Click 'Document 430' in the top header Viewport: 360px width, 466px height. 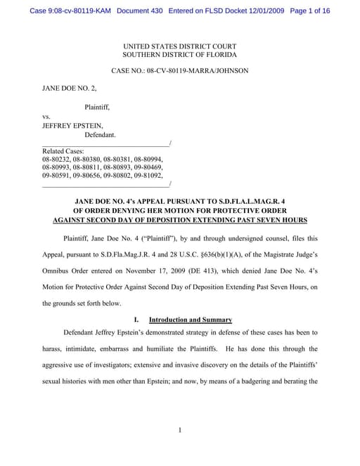click(136, 12)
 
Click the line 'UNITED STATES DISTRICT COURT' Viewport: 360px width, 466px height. click(179, 45)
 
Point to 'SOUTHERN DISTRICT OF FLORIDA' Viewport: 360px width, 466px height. click(179, 54)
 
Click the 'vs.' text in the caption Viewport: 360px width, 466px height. click(47, 116)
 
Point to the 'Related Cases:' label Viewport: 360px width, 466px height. click(63, 151)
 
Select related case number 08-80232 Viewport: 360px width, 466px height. click(56, 160)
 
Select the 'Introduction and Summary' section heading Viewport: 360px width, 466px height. click(191, 320)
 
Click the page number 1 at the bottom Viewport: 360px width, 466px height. click(180, 430)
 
